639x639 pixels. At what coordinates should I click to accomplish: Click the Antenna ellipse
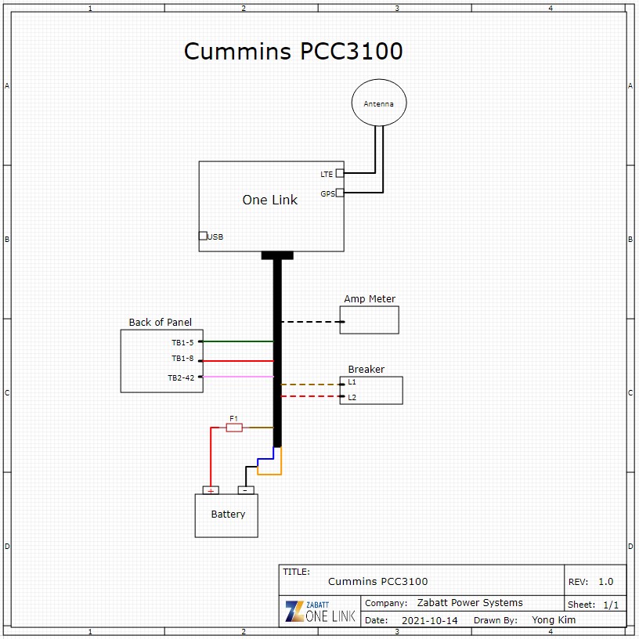click(379, 103)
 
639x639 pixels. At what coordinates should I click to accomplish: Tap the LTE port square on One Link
click(340, 174)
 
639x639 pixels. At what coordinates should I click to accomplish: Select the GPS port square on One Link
click(340, 193)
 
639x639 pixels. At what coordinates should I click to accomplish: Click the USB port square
click(203, 236)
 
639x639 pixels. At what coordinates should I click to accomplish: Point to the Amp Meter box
click(369, 319)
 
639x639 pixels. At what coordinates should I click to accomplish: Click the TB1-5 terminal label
click(182, 342)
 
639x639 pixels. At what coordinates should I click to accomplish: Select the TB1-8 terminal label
click(182, 359)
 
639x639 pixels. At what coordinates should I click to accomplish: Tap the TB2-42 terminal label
click(180, 377)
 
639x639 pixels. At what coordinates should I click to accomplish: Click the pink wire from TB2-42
click(238, 377)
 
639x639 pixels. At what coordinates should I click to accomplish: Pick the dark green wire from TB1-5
click(238, 341)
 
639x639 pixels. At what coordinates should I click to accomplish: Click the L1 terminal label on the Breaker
click(352, 382)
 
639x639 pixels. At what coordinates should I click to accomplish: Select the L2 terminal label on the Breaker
click(352, 398)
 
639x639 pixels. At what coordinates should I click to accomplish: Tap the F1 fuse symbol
click(233, 427)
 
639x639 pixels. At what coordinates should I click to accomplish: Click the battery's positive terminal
click(211, 490)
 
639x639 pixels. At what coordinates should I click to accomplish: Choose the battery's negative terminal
click(246, 490)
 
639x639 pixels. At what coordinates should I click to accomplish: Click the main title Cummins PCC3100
click(293, 52)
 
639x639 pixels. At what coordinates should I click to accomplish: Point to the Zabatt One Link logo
click(320, 612)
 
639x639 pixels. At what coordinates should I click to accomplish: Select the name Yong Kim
click(554, 620)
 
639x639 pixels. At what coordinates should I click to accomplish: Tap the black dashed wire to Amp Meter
click(310, 322)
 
